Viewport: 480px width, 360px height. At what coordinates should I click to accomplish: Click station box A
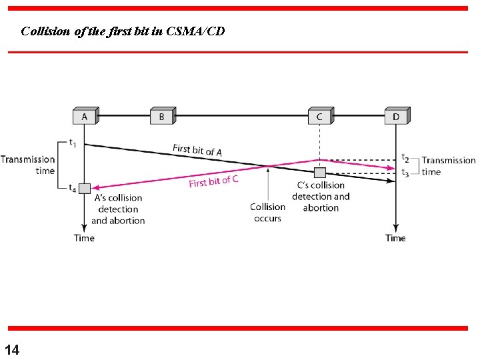click(85, 117)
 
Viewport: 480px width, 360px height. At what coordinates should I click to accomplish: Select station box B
click(161, 117)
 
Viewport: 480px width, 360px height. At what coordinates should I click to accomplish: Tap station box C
click(319, 117)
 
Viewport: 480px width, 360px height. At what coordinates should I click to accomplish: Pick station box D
click(396, 117)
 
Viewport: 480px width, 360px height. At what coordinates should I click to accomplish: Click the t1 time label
click(73, 142)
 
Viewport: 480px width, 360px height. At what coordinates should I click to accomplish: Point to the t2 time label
click(405, 158)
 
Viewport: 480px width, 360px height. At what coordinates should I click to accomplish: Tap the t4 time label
click(73, 188)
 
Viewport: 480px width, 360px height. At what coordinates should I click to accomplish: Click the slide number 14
click(12, 349)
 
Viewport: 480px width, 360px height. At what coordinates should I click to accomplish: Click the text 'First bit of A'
click(197, 150)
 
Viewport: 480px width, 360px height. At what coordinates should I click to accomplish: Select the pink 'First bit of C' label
click(213, 181)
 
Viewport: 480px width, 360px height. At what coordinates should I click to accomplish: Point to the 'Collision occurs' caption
click(267, 212)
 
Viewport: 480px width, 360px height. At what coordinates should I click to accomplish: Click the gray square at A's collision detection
click(84, 188)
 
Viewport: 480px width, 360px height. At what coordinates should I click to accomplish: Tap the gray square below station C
click(320, 173)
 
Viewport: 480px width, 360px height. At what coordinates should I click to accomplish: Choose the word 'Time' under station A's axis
click(84, 238)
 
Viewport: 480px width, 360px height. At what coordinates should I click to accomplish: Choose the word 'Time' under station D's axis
click(395, 238)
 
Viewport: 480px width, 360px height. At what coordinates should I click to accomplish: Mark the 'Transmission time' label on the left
click(28, 165)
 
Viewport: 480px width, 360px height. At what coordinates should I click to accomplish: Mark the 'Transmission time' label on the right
click(448, 166)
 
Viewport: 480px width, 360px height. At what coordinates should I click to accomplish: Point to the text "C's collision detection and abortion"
click(321, 196)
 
